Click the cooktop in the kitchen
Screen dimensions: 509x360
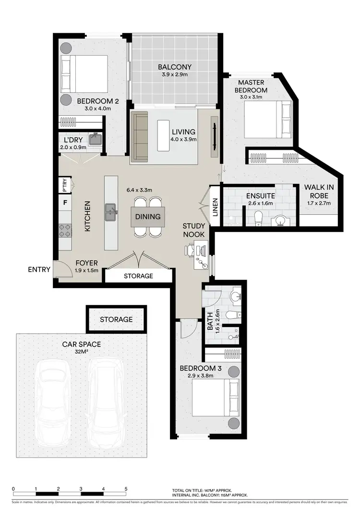click(65, 230)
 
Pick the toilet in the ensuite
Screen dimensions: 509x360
click(258, 218)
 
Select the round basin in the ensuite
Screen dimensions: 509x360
click(279, 220)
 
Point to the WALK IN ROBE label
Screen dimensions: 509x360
click(319, 192)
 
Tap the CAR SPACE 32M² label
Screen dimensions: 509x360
click(81, 348)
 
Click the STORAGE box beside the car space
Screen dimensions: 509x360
click(116, 319)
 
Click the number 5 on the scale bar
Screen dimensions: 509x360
click(126, 489)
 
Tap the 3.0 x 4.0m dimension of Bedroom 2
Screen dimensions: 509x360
click(94, 109)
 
